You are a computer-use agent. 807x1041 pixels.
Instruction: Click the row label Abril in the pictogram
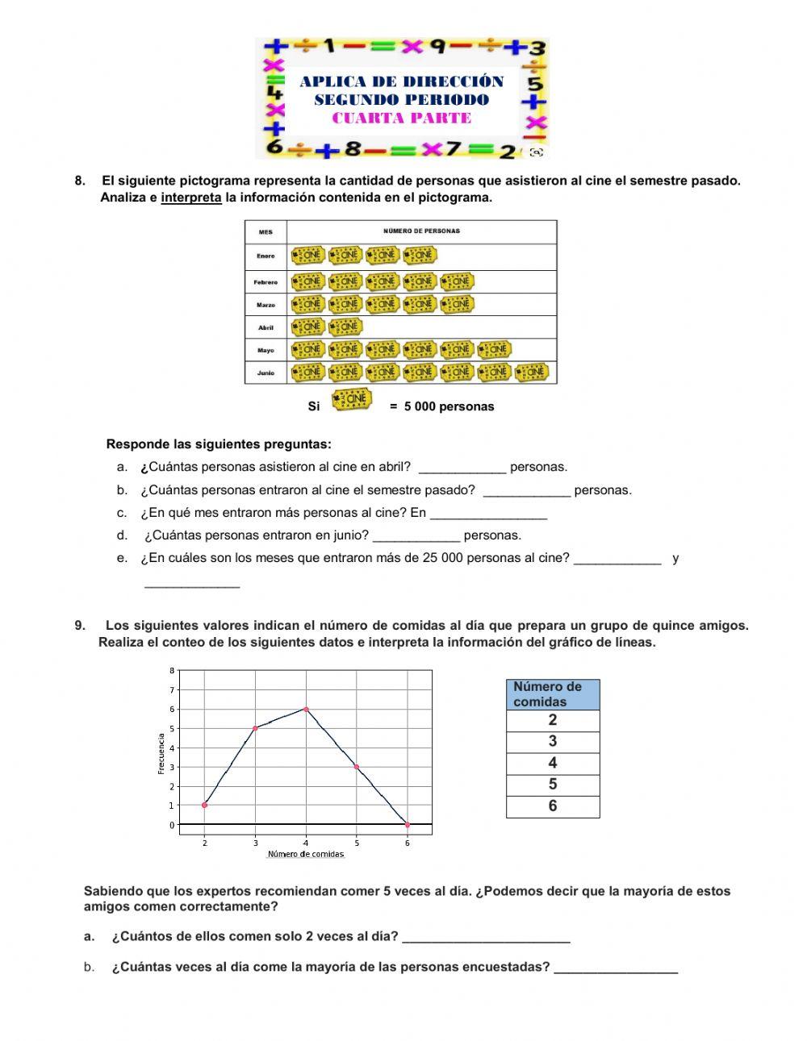266,327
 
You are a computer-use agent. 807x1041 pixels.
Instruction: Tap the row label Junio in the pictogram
266,373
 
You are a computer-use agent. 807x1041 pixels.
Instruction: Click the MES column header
266,232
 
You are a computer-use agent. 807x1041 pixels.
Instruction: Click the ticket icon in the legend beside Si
352,400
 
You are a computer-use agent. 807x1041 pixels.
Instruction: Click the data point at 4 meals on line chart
306,709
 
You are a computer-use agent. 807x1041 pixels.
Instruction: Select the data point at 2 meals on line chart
205,805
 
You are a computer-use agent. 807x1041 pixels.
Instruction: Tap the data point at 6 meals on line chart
408,824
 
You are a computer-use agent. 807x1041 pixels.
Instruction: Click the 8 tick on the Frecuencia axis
171,671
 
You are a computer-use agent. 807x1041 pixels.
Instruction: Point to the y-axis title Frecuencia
161,754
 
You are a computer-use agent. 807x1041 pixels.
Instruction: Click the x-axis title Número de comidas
306,855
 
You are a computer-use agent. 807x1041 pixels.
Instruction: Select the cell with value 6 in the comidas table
553,806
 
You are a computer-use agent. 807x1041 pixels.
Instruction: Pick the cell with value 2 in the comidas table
553,721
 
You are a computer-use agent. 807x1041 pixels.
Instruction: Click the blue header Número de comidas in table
553,694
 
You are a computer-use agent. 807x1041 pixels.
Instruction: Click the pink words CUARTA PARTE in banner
402,119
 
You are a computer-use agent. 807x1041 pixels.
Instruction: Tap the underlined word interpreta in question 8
191,198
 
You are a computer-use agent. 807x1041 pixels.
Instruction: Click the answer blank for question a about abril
462,468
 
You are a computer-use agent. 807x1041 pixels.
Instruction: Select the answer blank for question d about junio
416,536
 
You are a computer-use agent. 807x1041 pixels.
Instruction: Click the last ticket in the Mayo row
494,349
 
